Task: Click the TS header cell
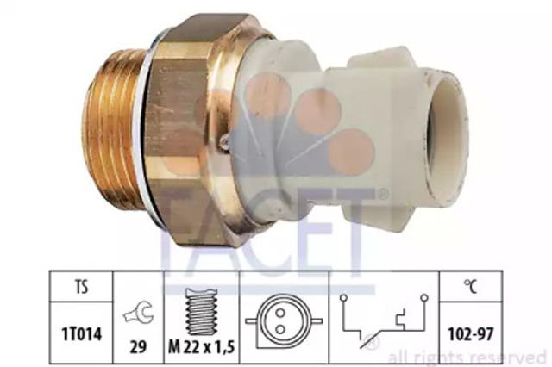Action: click(x=81, y=287)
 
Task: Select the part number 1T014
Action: click(x=82, y=333)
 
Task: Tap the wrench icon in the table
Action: click(x=138, y=312)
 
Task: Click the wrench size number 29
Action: click(x=138, y=347)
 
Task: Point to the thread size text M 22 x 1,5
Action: click(x=201, y=347)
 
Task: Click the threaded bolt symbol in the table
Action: click(x=201, y=312)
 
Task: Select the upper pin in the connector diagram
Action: click(x=280, y=312)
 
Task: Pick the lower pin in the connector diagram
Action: click(x=280, y=329)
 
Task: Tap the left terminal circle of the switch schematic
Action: click(x=343, y=298)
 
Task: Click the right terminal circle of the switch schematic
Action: click(x=424, y=298)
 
